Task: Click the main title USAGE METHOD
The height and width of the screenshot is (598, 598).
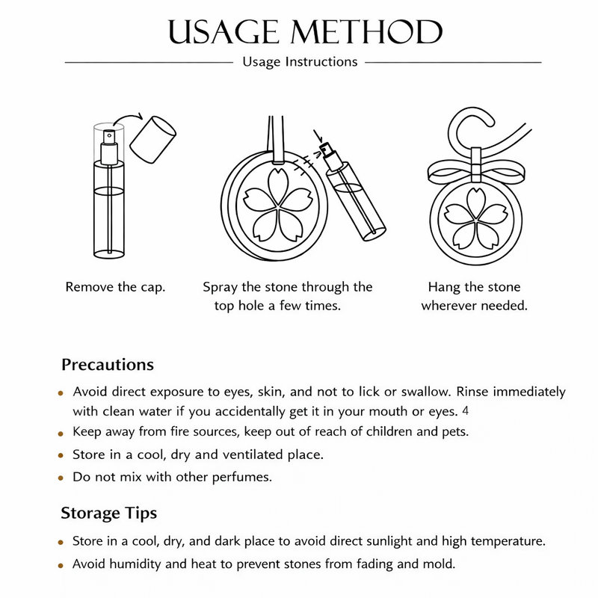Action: pos(305,31)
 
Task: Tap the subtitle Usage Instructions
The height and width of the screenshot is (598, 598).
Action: pos(300,62)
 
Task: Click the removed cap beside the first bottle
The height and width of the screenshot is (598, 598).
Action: pos(152,140)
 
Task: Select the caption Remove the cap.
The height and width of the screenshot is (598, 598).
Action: pos(116,287)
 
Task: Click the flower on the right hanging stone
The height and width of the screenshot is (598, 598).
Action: pos(476,219)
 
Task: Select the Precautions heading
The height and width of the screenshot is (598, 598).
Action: pos(108,365)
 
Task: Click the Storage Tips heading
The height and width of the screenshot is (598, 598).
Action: pos(108,514)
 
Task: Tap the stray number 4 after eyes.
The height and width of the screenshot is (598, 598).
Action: pos(465,410)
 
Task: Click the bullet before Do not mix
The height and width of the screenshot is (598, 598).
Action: pos(61,478)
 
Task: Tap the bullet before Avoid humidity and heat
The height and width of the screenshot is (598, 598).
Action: pos(61,566)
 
